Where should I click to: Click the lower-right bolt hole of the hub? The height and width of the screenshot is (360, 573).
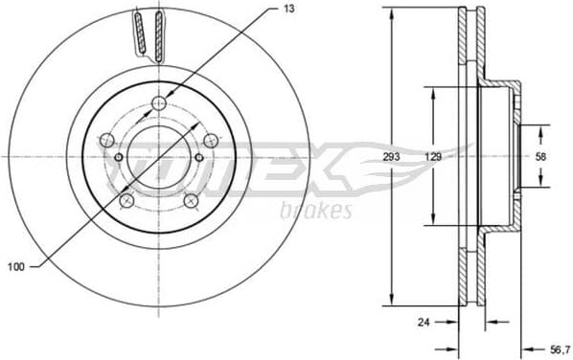click(190, 199)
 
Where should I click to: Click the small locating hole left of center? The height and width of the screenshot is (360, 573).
click(119, 157)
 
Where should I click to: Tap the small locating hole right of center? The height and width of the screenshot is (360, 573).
click(199, 157)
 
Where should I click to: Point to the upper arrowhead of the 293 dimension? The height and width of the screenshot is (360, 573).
click(392, 11)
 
